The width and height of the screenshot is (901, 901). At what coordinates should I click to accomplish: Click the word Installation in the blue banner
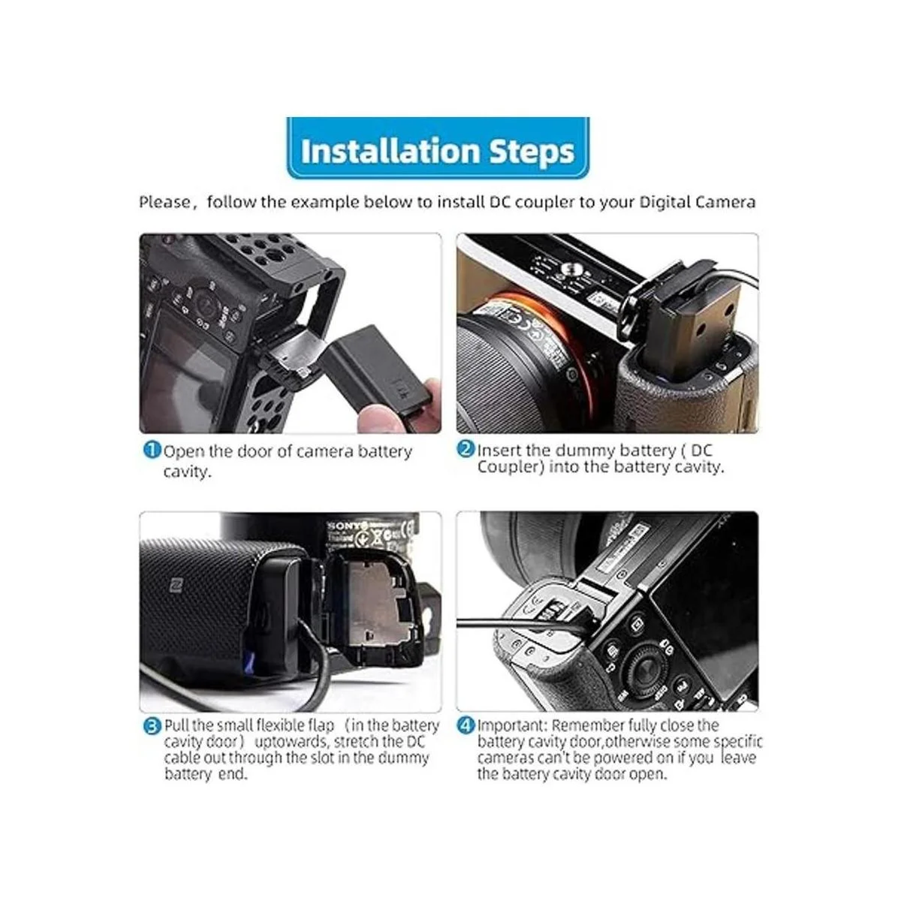390,151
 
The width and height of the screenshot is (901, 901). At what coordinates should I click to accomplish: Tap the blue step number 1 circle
152,450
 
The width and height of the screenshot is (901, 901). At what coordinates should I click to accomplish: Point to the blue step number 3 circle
152,727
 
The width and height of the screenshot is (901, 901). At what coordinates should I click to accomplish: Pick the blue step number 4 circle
466,726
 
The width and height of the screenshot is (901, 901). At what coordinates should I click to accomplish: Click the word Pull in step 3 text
176,725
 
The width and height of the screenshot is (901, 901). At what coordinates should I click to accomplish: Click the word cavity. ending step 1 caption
188,472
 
